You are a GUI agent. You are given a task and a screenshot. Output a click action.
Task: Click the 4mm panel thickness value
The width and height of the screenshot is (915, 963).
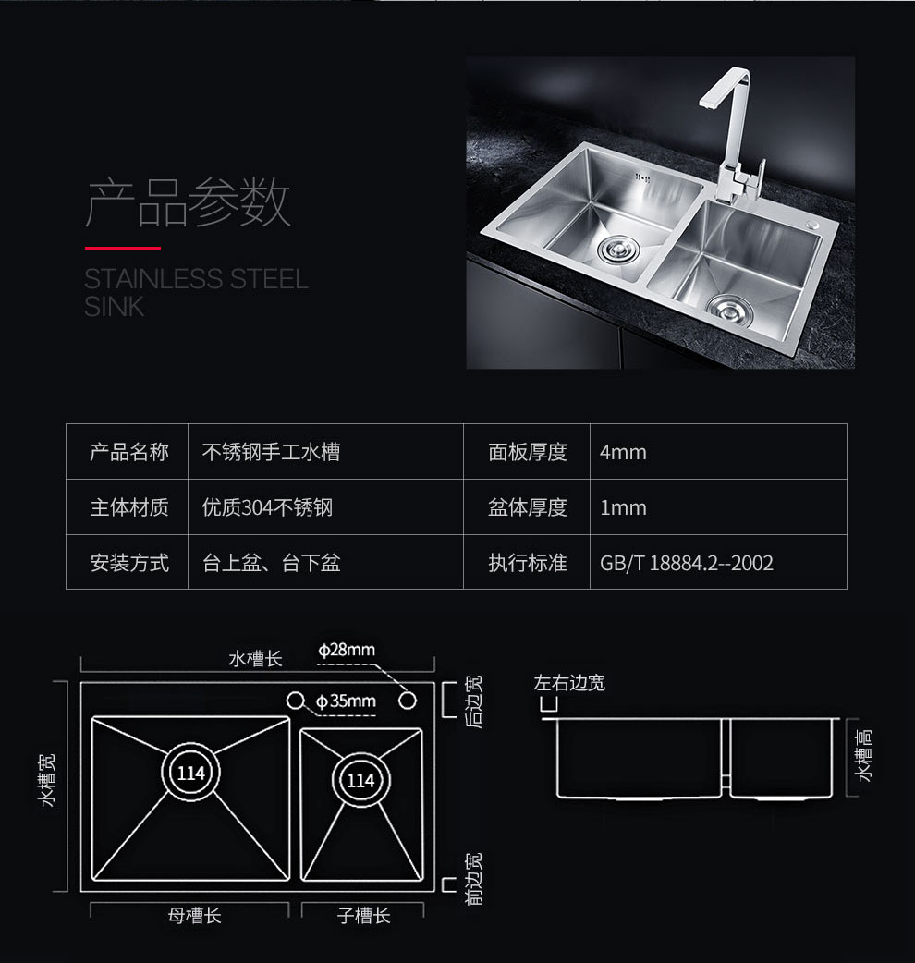[623, 452]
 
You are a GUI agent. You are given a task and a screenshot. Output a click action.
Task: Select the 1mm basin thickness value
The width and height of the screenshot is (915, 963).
[623, 508]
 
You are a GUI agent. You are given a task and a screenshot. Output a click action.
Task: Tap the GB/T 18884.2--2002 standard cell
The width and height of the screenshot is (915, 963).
[686, 563]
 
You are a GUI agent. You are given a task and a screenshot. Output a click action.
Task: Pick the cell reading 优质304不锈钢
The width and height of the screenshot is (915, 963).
[267, 508]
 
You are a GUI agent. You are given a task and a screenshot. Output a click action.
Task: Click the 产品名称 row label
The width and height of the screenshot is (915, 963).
[129, 452]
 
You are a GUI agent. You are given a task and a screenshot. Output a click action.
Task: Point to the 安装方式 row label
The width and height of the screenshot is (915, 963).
[129, 563]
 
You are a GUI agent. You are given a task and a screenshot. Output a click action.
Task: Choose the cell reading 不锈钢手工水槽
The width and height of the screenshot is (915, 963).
[271, 452]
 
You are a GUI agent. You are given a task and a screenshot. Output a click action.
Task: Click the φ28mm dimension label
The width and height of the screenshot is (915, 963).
[347, 650]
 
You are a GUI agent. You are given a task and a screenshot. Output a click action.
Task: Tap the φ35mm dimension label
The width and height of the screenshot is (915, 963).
[346, 701]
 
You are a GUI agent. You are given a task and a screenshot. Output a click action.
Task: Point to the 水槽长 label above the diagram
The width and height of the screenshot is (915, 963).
[255, 659]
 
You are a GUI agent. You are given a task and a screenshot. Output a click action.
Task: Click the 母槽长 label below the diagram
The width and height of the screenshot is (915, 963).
[194, 916]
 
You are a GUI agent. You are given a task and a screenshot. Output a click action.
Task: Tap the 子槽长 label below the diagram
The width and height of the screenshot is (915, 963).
[363, 916]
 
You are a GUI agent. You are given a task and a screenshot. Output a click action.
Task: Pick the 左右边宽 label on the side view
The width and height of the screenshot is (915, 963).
[569, 682]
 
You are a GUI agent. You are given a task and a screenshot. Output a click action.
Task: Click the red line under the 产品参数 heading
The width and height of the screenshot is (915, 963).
[123, 248]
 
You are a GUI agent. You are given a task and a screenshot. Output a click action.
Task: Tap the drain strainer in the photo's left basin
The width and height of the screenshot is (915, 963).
[618, 249]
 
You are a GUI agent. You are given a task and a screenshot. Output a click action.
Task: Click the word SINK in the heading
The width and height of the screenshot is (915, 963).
[115, 307]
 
